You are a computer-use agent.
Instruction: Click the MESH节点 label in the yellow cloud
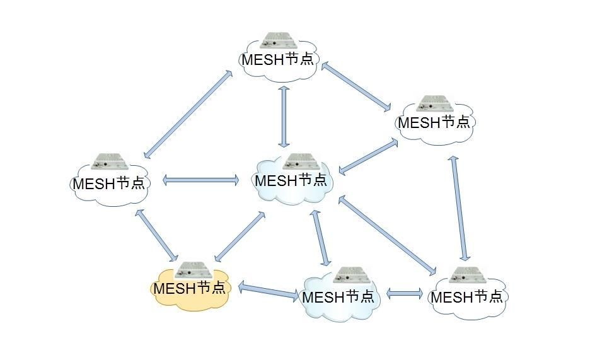[x=189, y=288]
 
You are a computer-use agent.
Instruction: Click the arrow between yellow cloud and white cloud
[x=157, y=235]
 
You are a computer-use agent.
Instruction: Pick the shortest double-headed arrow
[x=405, y=293]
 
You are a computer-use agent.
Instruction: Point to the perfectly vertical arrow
[x=284, y=117]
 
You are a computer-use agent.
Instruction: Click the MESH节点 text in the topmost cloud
[x=278, y=59]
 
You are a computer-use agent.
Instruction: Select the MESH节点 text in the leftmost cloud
[x=109, y=183]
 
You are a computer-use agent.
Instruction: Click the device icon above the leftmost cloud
[x=110, y=161]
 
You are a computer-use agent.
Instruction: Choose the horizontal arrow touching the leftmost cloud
[x=200, y=180]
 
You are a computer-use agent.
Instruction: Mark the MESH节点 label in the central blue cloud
[x=291, y=180]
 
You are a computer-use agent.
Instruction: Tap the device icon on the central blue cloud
[x=301, y=161]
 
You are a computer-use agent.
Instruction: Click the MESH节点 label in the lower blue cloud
[x=338, y=296]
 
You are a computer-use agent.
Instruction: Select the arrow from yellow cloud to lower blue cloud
[x=269, y=291]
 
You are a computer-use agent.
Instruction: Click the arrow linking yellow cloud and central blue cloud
[x=240, y=236]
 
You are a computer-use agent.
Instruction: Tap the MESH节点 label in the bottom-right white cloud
[x=467, y=296]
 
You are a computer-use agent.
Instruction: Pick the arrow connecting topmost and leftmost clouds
[x=188, y=114]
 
